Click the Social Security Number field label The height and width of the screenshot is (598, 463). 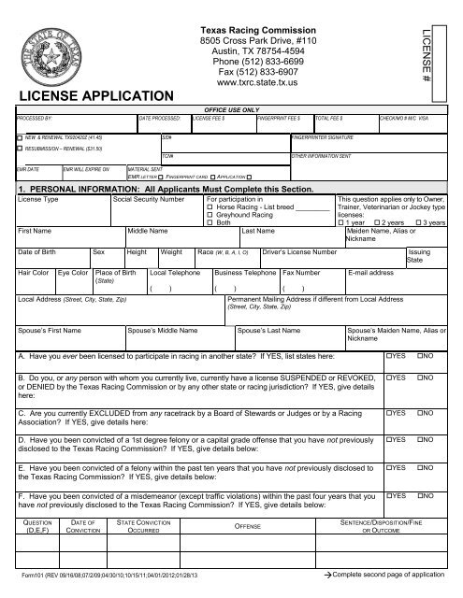click(148, 199)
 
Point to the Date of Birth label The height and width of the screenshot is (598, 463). click(41, 252)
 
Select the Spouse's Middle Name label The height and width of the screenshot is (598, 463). click(166, 331)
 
